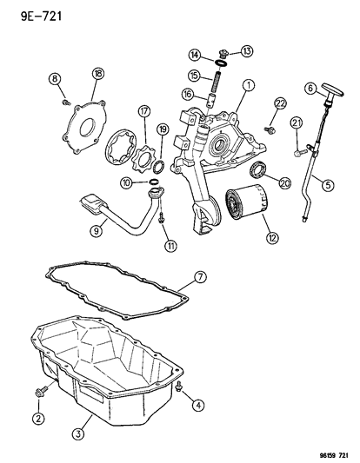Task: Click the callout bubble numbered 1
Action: click(249, 85)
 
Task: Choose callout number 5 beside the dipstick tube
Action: click(327, 183)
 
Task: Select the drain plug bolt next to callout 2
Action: click(43, 395)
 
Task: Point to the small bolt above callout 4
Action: click(177, 387)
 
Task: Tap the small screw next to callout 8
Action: click(66, 102)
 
